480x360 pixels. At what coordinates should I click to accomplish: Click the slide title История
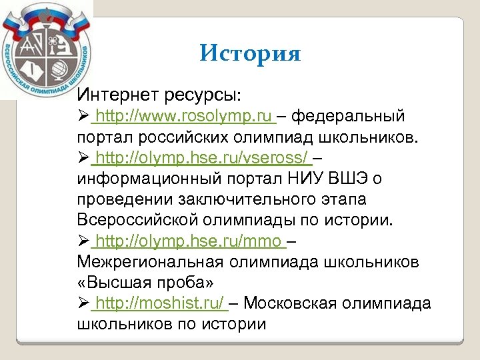pos(250,53)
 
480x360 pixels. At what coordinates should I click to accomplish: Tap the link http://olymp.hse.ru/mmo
pos(189,241)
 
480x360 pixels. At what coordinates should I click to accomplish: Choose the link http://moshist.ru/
pos(160,303)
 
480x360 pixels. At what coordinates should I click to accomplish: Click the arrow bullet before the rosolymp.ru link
pos(83,117)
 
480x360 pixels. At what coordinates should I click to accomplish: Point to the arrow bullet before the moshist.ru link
pos(83,303)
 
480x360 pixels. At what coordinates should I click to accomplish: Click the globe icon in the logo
pos(57,69)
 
